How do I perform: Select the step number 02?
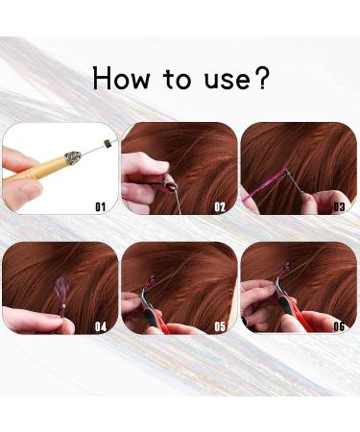pyautogui.click(x=219, y=205)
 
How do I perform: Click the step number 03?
pyautogui.click(x=338, y=205)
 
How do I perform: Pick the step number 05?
pyautogui.click(x=219, y=326)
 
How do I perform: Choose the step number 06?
pyautogui.click(x=338, y=326)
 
